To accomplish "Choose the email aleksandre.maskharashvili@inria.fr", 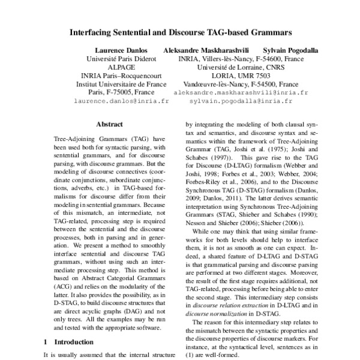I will tap(240, 93).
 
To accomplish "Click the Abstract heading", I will tap(109, 124).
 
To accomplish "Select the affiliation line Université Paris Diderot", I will tap(121, 59).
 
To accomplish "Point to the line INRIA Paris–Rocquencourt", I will tap(121, 76).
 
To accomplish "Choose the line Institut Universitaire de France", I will tap(121, 85).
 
